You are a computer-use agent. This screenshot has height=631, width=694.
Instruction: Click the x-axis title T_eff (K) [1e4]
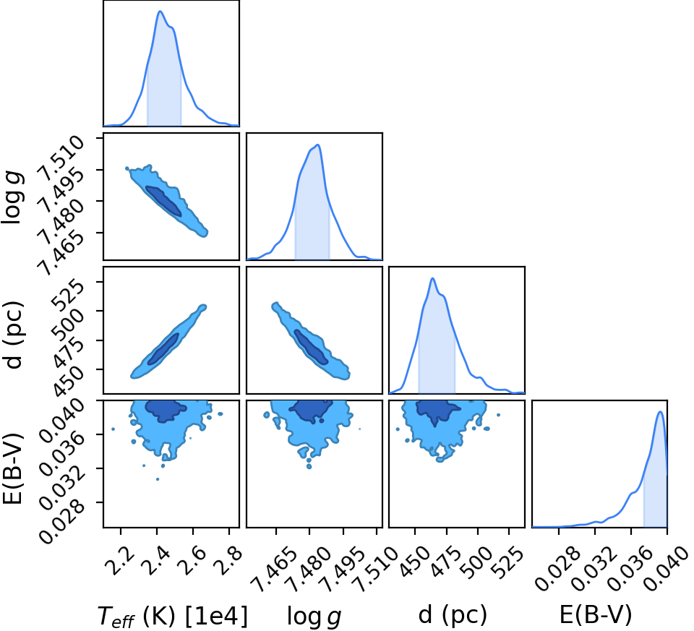(172, 616)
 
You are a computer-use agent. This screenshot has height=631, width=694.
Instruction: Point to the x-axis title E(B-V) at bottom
(596, 615)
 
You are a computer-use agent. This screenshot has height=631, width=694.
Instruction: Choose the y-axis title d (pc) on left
(13, 335)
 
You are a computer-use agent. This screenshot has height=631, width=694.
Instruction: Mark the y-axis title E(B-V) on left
(12, 468)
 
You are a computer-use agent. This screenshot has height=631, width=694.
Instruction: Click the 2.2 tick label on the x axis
(120, 559)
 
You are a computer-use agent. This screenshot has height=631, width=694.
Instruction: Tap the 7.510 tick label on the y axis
(61, 158)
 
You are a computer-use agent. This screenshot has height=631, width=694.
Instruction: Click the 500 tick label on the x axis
(476, 562)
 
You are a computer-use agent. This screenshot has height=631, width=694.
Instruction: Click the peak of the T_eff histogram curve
(160, 12)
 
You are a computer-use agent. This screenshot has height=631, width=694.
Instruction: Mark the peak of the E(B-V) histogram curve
(660, 412)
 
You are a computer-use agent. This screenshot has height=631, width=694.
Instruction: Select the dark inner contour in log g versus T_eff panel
(163, 201)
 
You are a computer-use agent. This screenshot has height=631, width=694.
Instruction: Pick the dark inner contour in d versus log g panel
(311, 347)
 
